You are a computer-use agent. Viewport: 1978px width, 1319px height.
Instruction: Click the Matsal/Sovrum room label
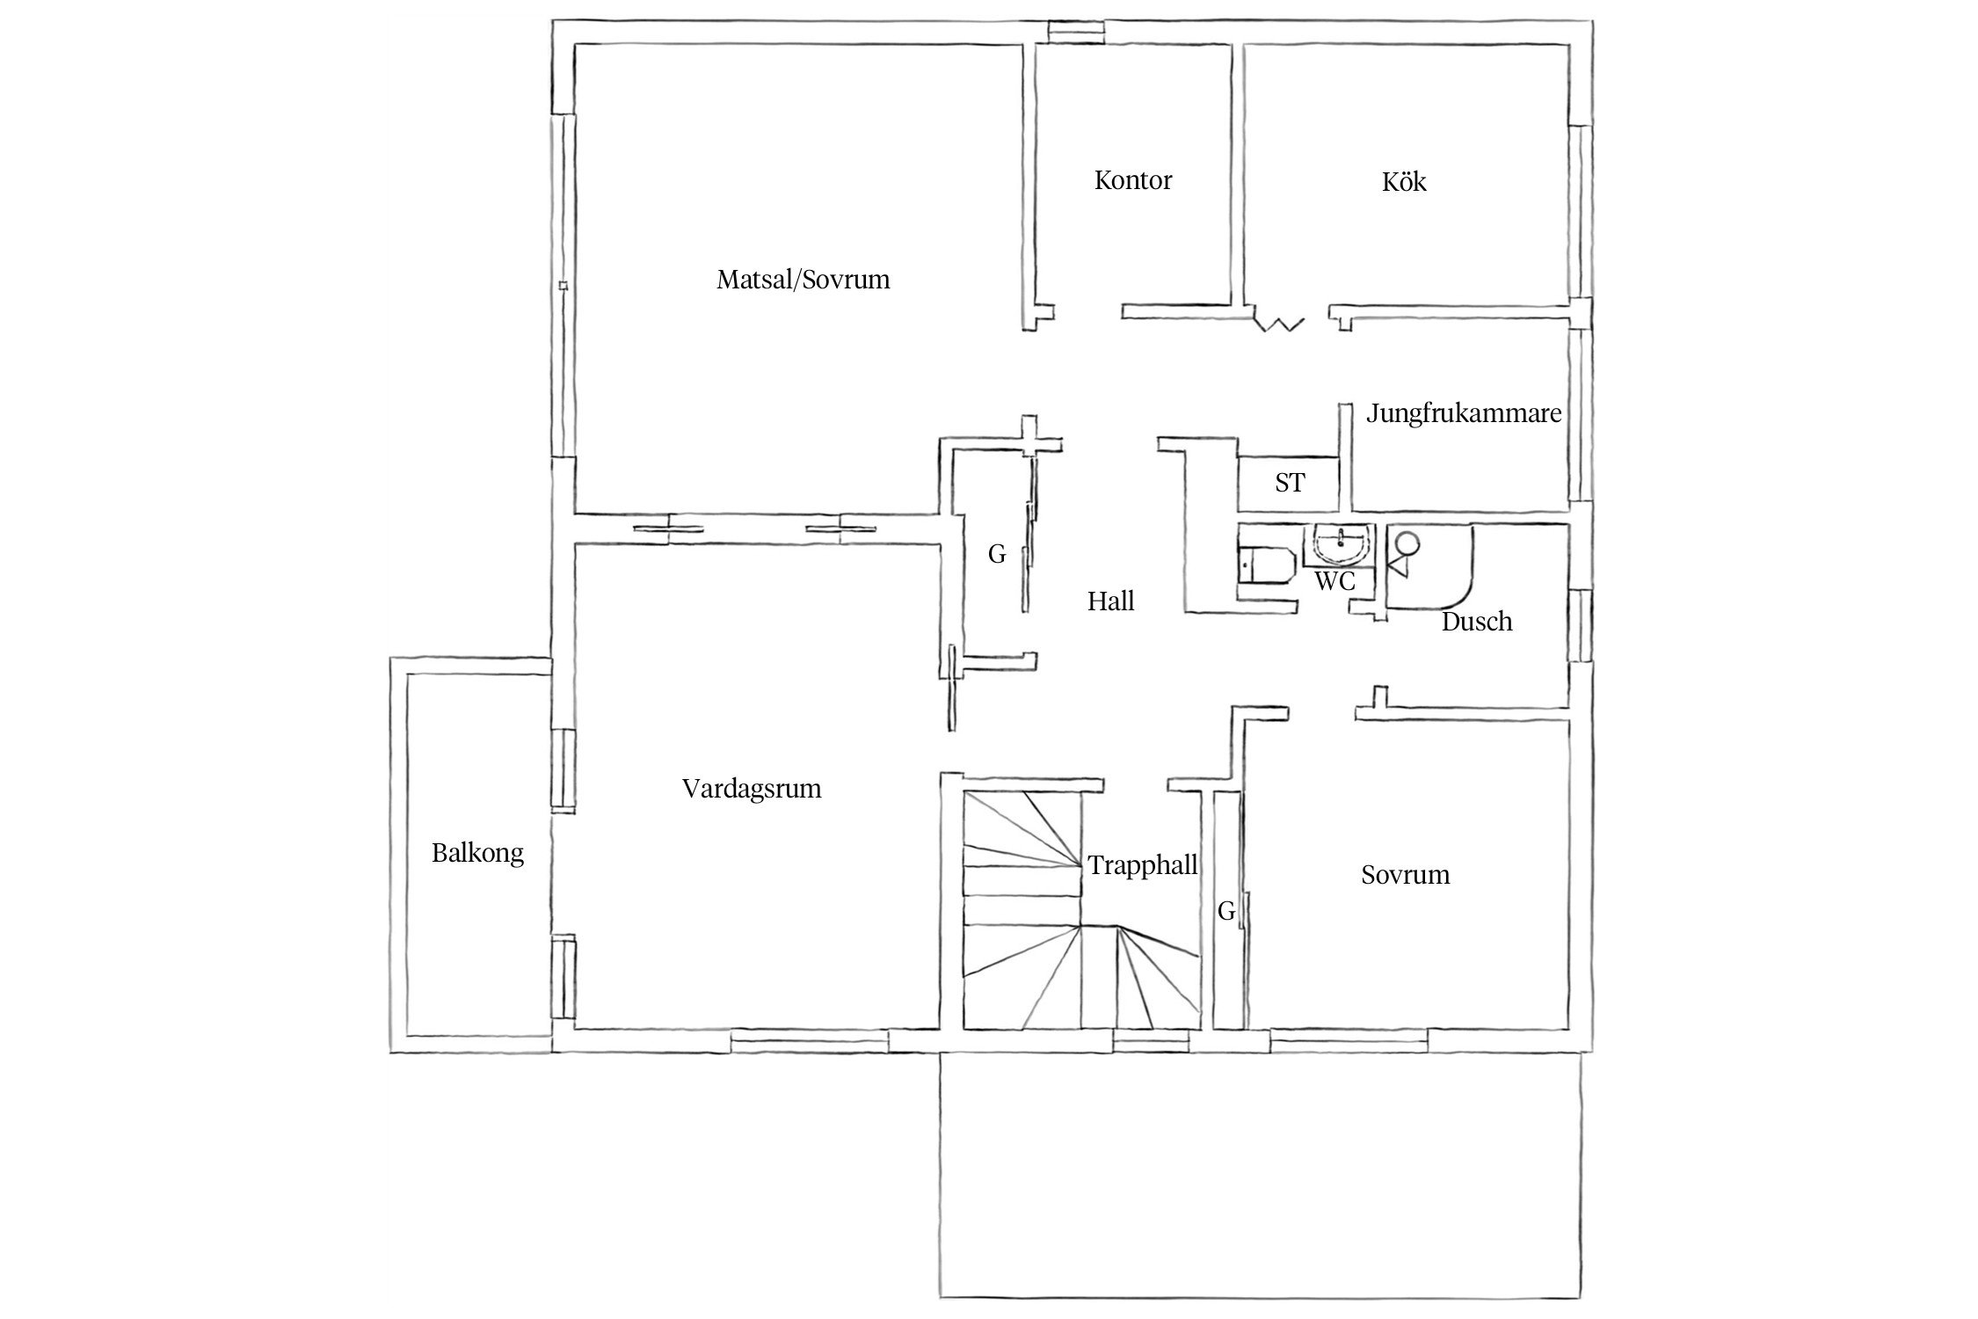point(803,281)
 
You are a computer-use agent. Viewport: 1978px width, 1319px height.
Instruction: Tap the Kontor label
point(1133,181)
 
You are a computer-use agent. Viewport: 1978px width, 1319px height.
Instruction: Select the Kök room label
point(1404,182)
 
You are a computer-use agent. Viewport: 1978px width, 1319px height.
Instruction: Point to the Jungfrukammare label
point(1464,413)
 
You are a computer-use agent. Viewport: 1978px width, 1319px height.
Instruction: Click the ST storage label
point(1290,483)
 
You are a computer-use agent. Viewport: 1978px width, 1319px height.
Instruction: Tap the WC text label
point(1334,581)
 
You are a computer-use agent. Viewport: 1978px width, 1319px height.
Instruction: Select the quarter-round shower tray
point(1429,567)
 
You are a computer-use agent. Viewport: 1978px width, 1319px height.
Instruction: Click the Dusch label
point(1477,622)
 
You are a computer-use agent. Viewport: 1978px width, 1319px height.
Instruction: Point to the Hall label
point(1111,601)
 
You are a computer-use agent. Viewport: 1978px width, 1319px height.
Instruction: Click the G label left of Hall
point(997,554)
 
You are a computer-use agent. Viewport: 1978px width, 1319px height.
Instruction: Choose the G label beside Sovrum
point(1226,912)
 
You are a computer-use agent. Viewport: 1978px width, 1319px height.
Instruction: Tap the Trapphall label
point(1143,865)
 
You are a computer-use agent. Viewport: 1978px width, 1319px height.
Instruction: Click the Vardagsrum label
point(752,789)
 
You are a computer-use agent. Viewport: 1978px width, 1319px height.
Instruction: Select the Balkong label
point(477,853)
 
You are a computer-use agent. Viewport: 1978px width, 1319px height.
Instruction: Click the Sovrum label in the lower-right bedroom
point(1406,875)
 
